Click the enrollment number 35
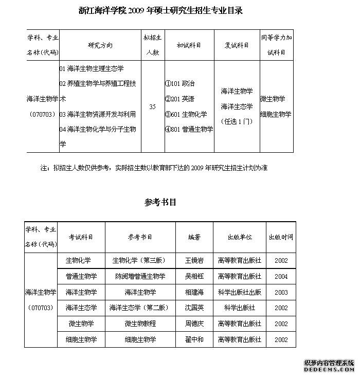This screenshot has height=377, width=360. (x=152, y=106)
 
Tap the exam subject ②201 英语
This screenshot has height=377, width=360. (x=179, y=99)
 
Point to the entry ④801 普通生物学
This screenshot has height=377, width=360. (x=189, y=129)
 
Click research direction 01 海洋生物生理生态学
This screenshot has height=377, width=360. (x=92, y=68)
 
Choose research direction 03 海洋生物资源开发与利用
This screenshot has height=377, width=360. (x=97, y=114)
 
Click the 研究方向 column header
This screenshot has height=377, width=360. (x=100, y=45)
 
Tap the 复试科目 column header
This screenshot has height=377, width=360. (x=237, y=45)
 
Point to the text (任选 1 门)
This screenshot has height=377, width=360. (x=237, y=121)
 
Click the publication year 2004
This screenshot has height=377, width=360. (x=281, y=276)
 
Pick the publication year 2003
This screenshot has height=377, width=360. (x=281, y=292)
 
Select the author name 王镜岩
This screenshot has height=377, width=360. (x=194, y=260)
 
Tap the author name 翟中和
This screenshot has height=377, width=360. (x=194, y=339)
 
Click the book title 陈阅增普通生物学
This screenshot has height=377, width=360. (x=140, y=276)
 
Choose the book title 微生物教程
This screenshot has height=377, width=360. (x=140, y=324)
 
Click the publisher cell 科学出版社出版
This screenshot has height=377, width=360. (x=240, y=292)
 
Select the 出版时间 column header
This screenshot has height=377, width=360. (x=281, y=237)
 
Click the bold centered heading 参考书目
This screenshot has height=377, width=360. (x=160, y=202)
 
